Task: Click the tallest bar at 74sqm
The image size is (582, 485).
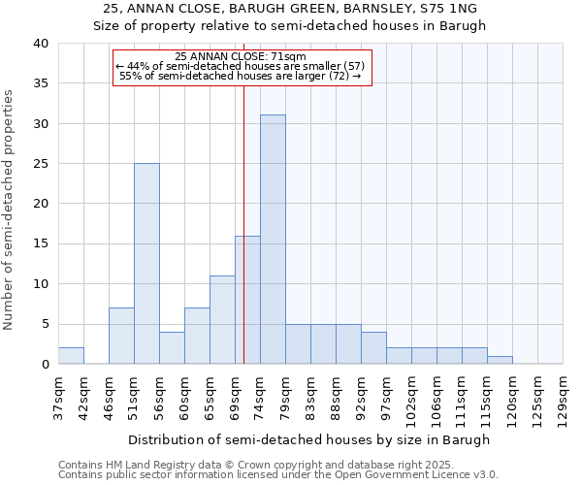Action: pos(273,240)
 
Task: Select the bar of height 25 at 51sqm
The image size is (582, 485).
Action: pos(146,264)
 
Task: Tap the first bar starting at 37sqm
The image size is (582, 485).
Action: pos(71,356)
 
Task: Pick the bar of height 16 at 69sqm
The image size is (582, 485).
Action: pos(247,300)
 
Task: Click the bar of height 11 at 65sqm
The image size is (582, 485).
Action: pos(222,320)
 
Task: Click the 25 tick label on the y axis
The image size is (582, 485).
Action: pos(42,164)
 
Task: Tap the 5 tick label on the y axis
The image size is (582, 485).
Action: pos(46,324)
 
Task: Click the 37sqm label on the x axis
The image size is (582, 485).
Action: pos(58,397)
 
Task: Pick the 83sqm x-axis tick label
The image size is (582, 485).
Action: pos(310,397)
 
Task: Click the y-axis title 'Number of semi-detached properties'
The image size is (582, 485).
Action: pos(9,210)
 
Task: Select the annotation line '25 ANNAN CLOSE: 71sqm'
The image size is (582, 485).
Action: pos(242,57)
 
